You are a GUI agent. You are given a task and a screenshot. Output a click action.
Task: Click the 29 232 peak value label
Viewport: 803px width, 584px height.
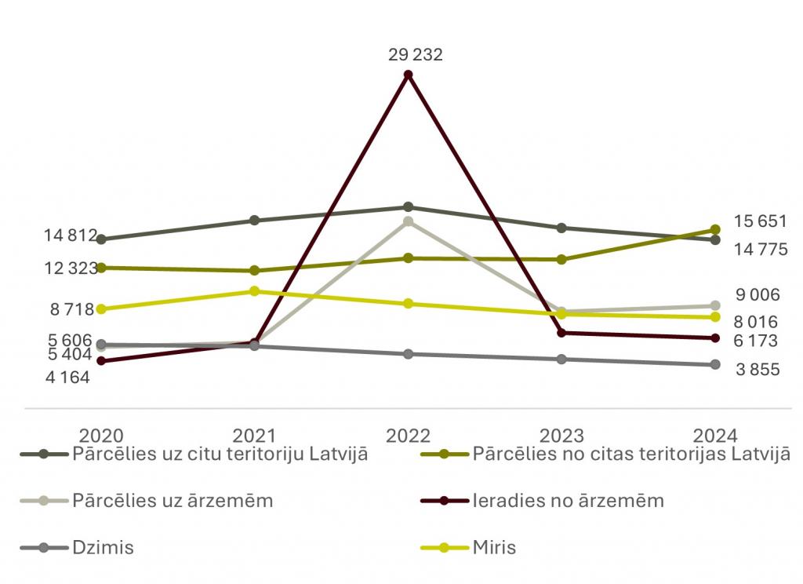415,55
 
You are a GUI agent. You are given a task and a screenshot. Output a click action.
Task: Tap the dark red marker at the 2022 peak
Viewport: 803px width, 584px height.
408,75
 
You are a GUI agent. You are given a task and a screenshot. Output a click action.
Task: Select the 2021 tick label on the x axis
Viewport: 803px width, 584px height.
255,436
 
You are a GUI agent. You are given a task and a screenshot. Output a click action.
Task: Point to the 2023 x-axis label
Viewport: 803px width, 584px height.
561,436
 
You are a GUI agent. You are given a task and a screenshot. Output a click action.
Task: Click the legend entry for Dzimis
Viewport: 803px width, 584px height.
102,547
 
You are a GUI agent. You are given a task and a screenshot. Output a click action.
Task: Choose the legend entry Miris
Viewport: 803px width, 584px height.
495,547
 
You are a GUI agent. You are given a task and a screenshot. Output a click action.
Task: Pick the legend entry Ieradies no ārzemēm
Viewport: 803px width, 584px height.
568,500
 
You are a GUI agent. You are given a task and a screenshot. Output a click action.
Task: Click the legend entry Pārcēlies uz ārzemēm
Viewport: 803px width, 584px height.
172,500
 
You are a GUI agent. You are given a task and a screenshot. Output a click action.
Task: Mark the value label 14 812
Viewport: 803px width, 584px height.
70,235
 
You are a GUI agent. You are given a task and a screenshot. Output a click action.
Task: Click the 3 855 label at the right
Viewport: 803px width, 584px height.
758,369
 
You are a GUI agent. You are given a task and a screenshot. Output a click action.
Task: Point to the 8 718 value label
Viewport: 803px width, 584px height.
72,309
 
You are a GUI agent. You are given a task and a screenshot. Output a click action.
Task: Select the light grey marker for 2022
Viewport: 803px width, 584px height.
408,221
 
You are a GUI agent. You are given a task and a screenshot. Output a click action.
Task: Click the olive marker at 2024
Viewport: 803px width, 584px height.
715,230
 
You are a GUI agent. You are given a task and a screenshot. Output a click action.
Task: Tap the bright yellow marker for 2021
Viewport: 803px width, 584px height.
255,291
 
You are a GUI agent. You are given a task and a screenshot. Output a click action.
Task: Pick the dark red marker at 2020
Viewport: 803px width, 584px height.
101,361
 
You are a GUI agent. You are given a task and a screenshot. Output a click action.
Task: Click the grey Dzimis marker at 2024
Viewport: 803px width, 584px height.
715,364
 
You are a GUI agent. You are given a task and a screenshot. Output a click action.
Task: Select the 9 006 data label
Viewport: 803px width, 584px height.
758,295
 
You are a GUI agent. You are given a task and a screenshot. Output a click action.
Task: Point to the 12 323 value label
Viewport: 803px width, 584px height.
70,268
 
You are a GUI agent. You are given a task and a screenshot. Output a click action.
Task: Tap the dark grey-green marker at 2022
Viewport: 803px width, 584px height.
408,207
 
